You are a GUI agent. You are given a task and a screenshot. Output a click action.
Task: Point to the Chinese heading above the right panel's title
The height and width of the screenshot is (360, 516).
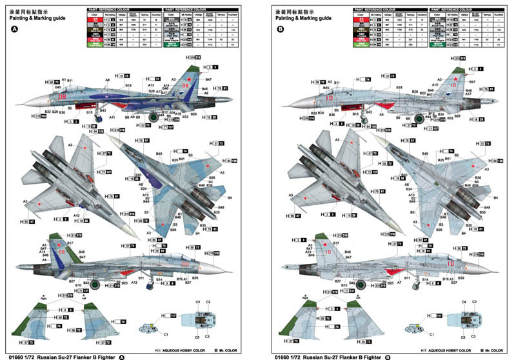285,11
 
